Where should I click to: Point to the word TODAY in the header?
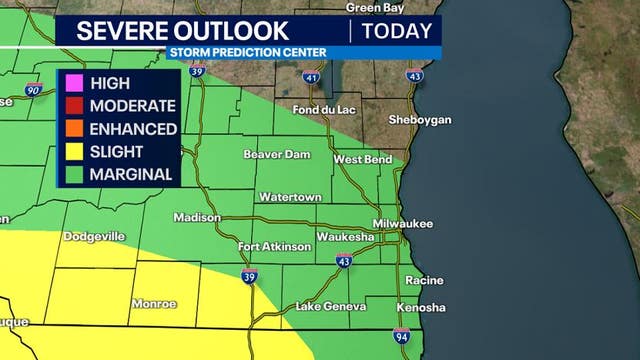coord(397,31)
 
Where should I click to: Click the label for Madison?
coord(196,217)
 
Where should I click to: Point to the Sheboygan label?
coord(421,119)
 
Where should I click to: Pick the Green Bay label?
coord(374,7)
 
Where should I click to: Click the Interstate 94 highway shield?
coord(400,338)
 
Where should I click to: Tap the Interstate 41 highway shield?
coord(312,76)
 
